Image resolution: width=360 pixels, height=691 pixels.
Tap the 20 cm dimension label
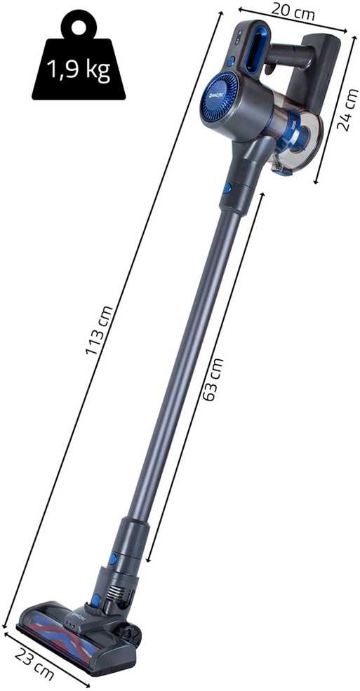(293, 12)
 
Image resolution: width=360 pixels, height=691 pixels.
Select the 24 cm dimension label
(347, 110)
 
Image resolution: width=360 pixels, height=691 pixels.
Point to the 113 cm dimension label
(100, 330)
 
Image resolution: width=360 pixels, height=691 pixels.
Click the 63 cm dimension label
(215, 380)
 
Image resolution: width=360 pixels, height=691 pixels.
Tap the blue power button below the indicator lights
(231, 61)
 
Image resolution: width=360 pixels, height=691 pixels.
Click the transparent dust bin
(298, 137)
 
